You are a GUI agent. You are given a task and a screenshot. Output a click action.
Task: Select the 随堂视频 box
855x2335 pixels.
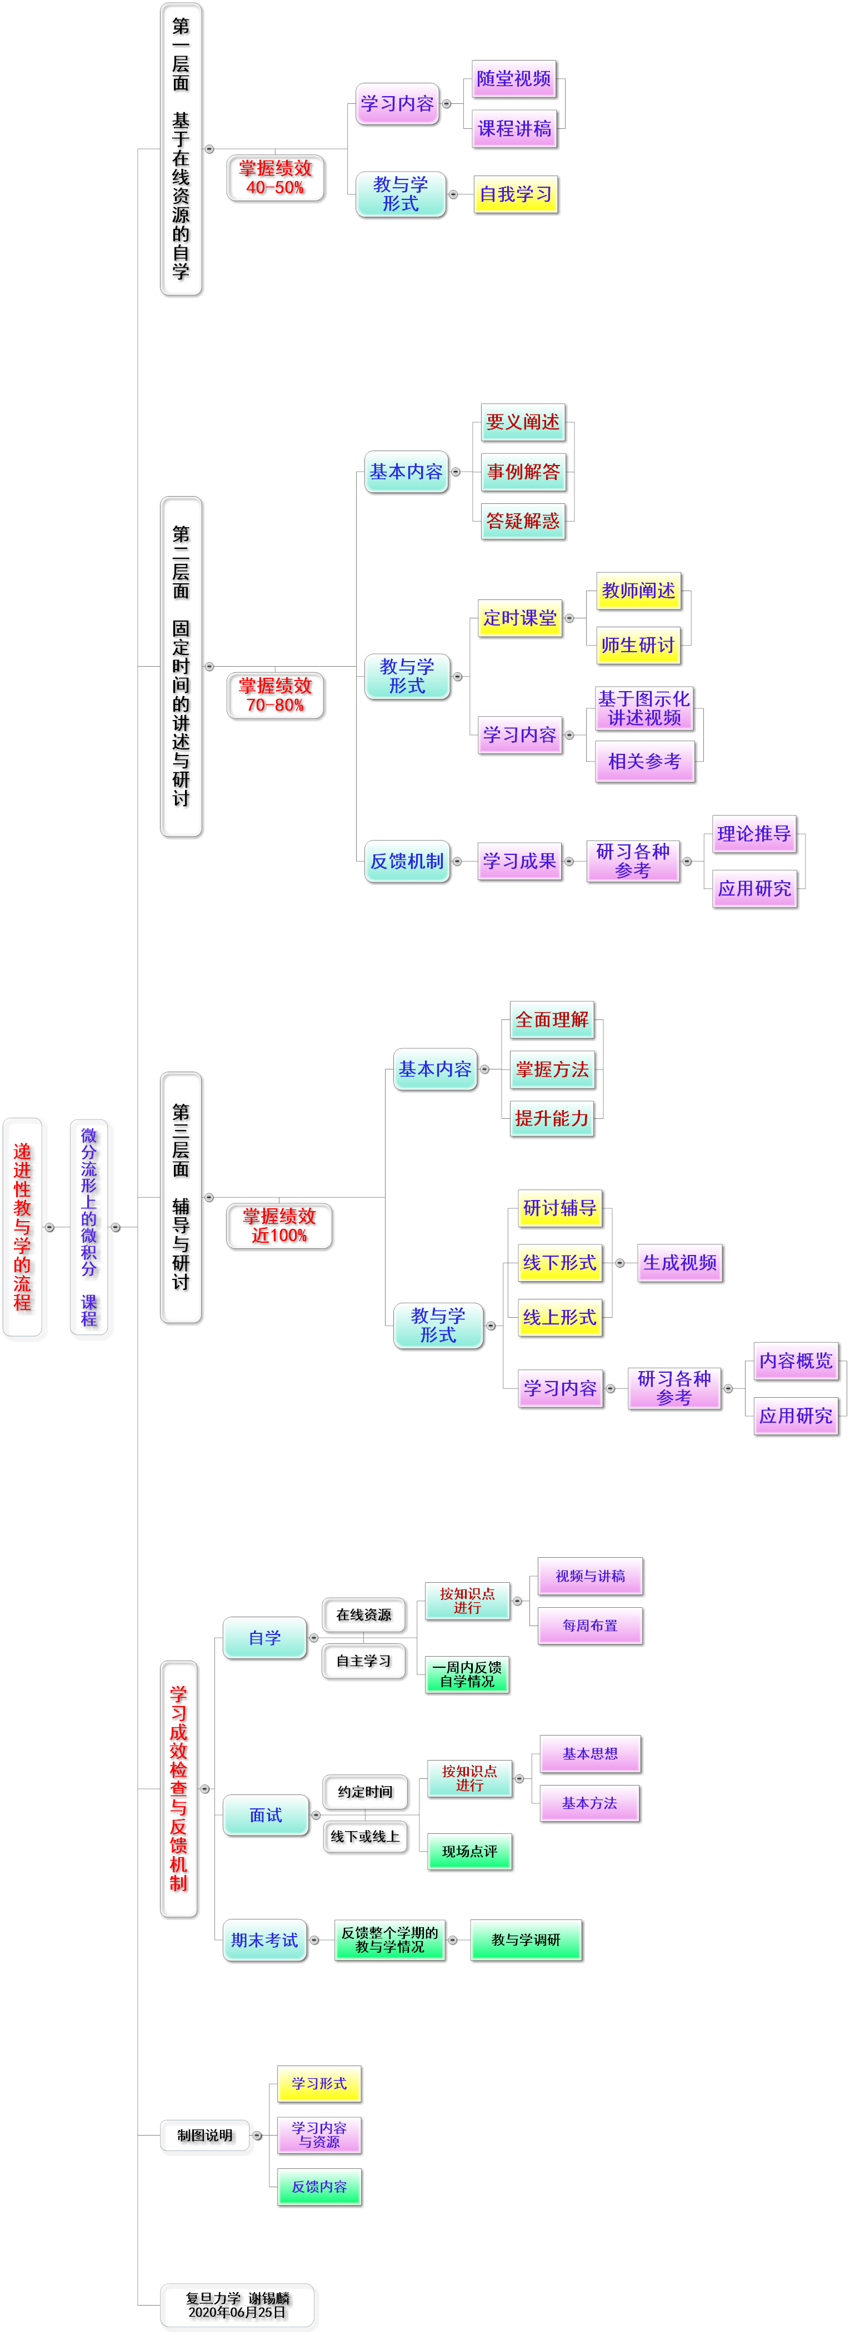pyautogui.click(x=514, y=79)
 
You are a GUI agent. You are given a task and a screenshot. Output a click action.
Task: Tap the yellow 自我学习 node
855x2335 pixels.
pyautogui.click(x=515, y=194)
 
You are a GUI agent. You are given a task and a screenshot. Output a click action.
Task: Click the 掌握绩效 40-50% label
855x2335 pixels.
pyautogui.click(x=276, y=178)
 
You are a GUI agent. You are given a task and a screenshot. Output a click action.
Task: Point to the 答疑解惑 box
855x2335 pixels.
pyautogui.click(x=523, y=521)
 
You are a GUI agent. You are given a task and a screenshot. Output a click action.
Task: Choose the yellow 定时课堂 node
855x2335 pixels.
pyautogui.click(x=519, y=618)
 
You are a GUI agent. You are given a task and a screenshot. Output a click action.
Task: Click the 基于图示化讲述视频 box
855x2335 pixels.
pyautogui.click(x=644, y=708)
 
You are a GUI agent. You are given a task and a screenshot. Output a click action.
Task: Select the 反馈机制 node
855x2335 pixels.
pyautogui.click(x=407, y=861)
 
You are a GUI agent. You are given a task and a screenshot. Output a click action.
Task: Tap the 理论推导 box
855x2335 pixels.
pyautogui.click(x=753, y=834)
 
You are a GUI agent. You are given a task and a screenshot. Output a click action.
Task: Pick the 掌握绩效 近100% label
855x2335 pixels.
pyautogui.click(x=279, y=1226)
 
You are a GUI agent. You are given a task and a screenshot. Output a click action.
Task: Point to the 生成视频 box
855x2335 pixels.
pyautogui.click(x=679, y=1263)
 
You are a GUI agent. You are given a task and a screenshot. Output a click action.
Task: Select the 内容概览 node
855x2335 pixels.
pyautogui.click(x=795, y=1361)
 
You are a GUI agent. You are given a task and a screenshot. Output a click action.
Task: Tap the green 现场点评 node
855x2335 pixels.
pyautogui.click(x=469, y=1852)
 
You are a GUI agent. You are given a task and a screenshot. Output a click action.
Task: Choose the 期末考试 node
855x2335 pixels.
pyautogui.click(x=265, y=1941)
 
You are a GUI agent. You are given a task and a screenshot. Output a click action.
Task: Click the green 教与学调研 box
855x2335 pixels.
pyautogui.click(x=526, y=1941)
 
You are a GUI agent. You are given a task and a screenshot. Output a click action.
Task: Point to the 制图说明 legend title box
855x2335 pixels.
pyautogui.click(x=205, y=2136)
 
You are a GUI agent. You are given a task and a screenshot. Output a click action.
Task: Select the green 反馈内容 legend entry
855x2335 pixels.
pyautogui.click(x=319, y=2187)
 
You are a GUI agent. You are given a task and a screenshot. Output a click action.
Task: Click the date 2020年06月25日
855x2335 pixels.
pyautogui.click(x=238, y=2312)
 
